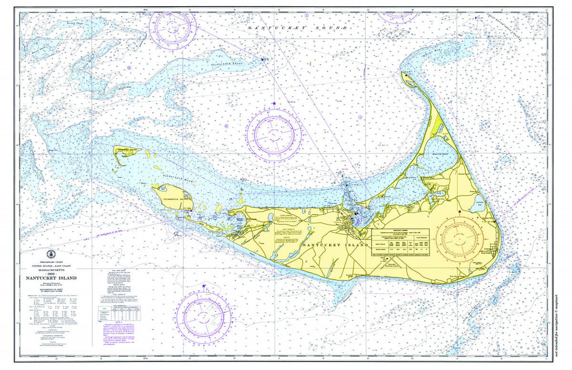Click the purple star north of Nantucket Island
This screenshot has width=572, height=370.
pos(274,104)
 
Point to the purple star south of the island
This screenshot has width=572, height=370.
pos(204,286)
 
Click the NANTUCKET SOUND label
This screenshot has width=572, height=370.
pos(298,27)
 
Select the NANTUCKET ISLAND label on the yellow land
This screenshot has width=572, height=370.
pos(335,245)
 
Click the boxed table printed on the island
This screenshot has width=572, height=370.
pos(406,242)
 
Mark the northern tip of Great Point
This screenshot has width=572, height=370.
pos(403,73)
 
